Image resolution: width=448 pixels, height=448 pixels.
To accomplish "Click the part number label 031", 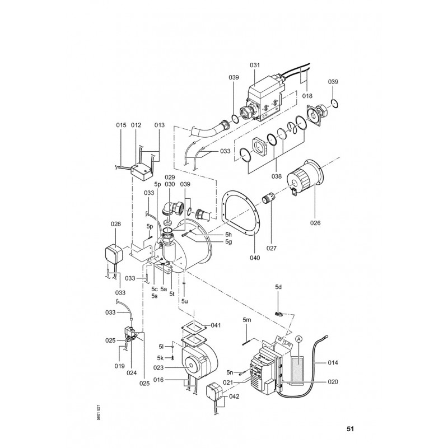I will pyautogui.click(x=255, y=65).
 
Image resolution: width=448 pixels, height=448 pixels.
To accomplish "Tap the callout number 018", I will pyautogui.click(x=307, y=96).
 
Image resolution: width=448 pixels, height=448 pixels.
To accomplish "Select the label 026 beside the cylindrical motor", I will pyautogui.click(x=316, y=222).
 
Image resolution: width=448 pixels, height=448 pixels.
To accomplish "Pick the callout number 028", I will pyautogui.click(x=115, y=224).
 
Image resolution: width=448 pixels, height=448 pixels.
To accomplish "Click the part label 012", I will pyautogui.click(x=136, y=125).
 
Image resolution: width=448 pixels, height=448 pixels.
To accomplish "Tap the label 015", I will pyautogui.click(x=121, y=125).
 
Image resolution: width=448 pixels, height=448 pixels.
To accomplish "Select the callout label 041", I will pyautogui.click(x=216, y=325).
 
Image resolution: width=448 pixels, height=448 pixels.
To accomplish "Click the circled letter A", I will pyautogui.click(x=298, y=339).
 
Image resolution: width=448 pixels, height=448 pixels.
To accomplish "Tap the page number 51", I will pyautogui.click(x=351, y=430).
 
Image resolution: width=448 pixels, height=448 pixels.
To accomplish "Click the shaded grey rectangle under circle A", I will pyautogui.click(x=298, y=367).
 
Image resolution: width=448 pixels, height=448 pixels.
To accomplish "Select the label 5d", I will pyautogui.click(x=278, y=287).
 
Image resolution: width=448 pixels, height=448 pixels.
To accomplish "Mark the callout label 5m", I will pyautogui.click(x=247, y=320).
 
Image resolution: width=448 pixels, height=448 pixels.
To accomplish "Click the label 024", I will pyautogui.click(x=132, y=372).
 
